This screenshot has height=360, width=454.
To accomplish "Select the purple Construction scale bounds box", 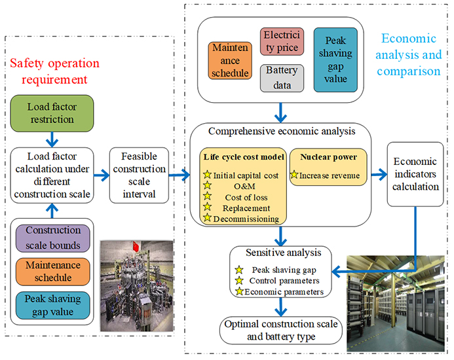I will [54, 237].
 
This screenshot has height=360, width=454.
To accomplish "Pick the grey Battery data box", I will [281, 77].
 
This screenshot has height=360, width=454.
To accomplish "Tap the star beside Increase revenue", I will [295, 175].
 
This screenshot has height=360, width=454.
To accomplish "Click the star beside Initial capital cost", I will [208, 175].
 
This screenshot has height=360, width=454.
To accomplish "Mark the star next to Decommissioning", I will [208, 218].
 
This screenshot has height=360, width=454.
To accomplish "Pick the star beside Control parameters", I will [239, 280].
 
